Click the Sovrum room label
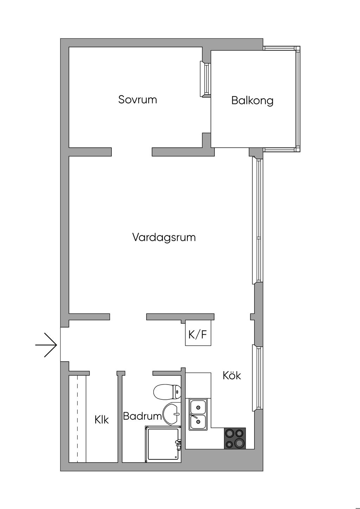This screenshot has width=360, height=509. [x=137, y=99]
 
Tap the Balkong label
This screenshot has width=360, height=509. [x=252, y=101]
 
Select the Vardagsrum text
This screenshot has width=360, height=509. [x=164, y=237]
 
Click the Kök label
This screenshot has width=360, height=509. [x=232, y=375]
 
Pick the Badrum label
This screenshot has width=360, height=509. [x=142, y=416]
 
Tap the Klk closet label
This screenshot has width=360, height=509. [x=102, y=419]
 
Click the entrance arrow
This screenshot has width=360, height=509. [x=46, y=345]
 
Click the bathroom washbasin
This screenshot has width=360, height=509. [x=172, y=414]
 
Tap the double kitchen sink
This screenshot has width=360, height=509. [x=198, y=414]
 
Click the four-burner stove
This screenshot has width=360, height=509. [x=235, y=438]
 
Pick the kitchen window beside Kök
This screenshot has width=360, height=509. [x=257, y=378]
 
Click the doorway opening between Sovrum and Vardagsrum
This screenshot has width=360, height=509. [x=131, y=152]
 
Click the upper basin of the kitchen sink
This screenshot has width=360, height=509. [x=198, y=407]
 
